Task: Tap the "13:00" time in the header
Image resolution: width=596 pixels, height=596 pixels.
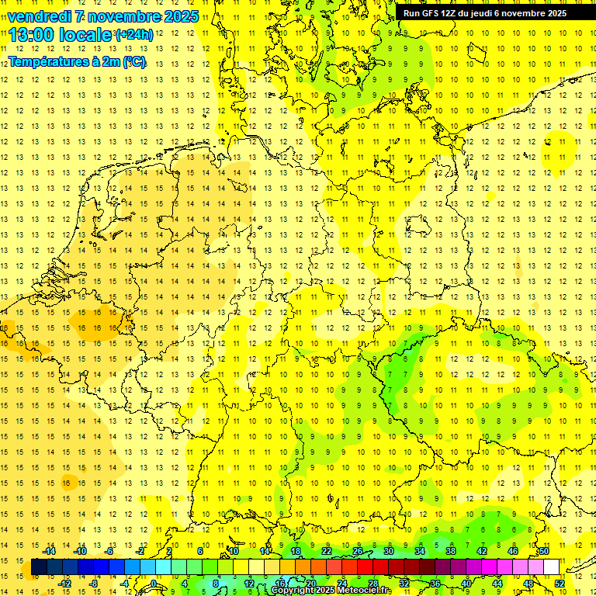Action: (x=33, y=35)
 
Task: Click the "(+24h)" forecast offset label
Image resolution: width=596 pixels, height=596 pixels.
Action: (x=134, y=35)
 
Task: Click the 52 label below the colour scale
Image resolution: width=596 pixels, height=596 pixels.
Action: (x=560, y=584)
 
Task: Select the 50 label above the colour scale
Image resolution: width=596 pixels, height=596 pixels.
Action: (x=544, y=551)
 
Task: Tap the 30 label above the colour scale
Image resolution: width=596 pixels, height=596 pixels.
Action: (x=388, y=551)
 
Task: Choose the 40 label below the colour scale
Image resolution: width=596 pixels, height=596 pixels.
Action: (x=466, y=584)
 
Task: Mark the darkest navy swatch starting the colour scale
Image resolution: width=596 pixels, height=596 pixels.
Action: (x=39, y=567)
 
